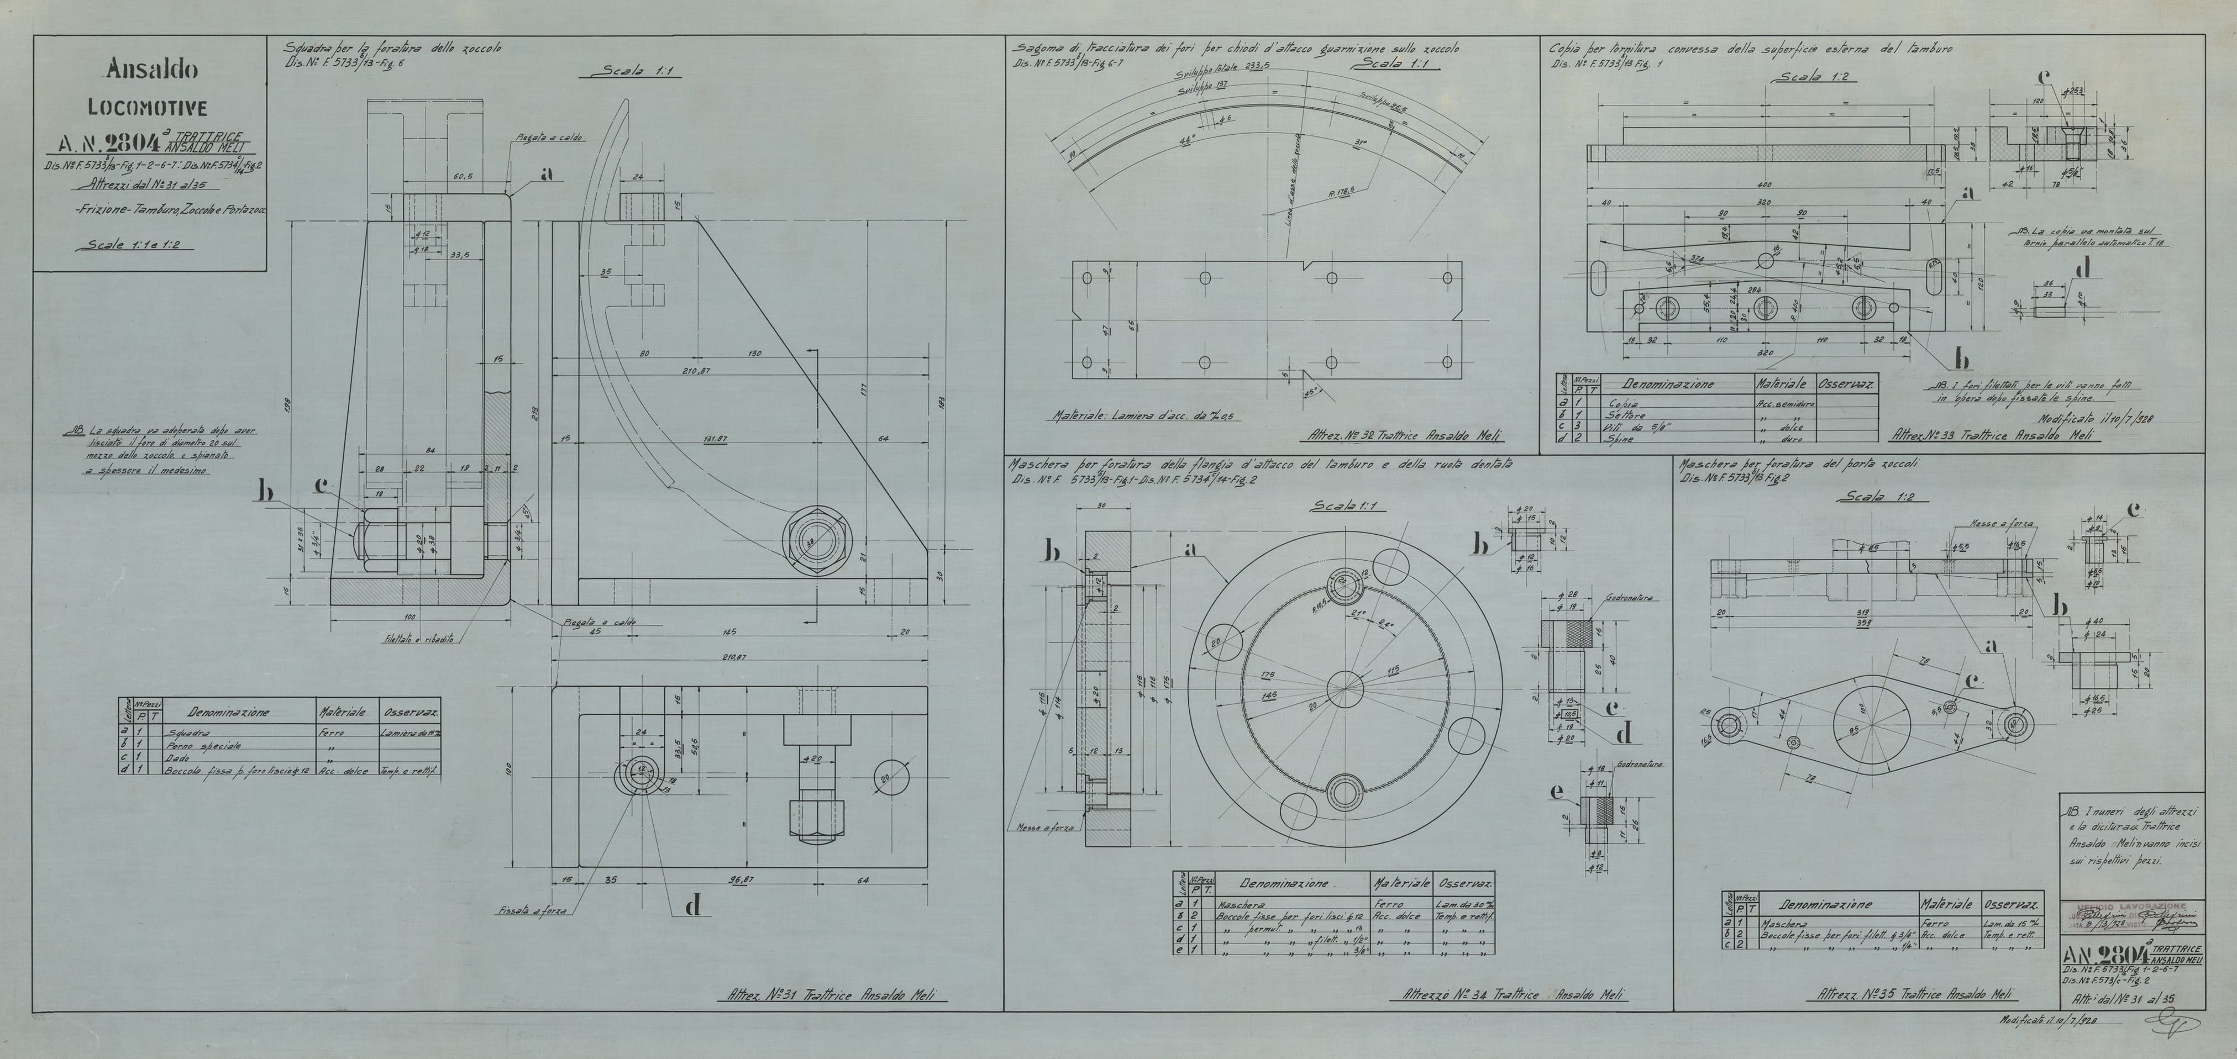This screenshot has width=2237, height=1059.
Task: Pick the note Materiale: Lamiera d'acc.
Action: [1147, 416]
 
